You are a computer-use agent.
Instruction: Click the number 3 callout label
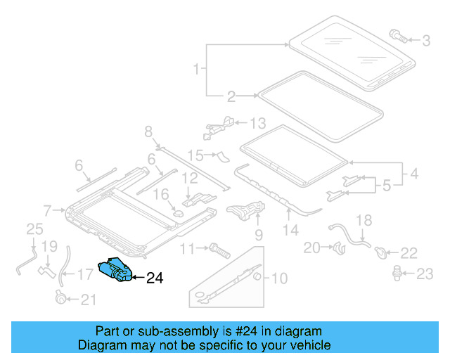click(x=426, y=41)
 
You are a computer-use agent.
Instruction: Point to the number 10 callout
click(x=279, y=278)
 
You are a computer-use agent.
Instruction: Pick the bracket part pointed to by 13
click(x=219, y=125)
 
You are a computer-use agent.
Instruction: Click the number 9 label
click(x=258, y=233)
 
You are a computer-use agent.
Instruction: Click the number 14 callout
click(x=290, y=229)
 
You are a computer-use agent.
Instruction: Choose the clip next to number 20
click(x=337, y=246)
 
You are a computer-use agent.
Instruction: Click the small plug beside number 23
click(x=398, y=271)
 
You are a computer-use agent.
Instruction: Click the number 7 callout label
click(x=48, y=210)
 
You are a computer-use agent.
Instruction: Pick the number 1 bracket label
click(x=197, y=69)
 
